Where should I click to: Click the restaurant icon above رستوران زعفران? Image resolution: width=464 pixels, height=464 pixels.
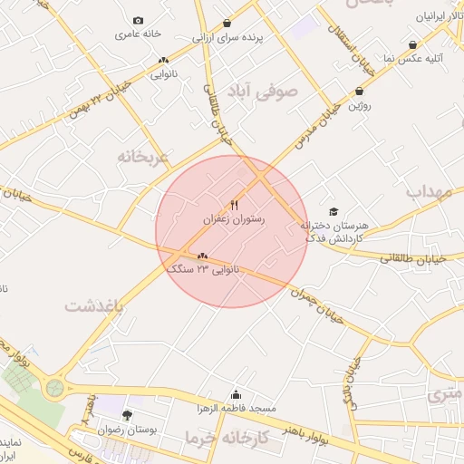[x=234, y=205]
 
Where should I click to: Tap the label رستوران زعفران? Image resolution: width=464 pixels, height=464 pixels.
[x=234, y=219]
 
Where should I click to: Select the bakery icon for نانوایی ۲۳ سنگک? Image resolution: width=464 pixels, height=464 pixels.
[x=202, y=256]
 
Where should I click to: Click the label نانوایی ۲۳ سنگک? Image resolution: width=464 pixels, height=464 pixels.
[x=204, y=269]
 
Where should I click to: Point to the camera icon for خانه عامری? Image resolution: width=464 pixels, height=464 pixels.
[x=138, y=20]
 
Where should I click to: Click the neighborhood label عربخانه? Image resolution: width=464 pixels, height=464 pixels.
[x=143, y=156]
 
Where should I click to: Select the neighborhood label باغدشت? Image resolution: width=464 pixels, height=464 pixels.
[x=93, y=306]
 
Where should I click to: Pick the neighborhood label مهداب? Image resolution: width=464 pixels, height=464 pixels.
[x=428, y=191]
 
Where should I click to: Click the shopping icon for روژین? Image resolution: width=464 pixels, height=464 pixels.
[x=361, y=91]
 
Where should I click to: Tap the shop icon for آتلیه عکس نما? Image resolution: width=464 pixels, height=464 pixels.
[x=413, y=44]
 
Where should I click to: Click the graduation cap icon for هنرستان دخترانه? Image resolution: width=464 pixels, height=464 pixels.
[x=333, y=211]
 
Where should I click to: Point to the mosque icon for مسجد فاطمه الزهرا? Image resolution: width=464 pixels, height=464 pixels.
[x=237, y=394]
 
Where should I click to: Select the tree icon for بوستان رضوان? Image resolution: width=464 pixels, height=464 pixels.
[x=126, y=415]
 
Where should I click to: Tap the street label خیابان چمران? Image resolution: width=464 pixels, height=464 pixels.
[x=316, y=304]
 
